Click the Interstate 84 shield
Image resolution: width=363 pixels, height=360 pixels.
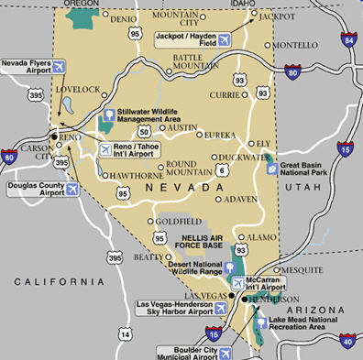[348, 39]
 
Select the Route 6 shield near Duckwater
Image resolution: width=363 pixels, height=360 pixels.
[222, 170]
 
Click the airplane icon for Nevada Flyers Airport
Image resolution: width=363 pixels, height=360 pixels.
[60, 66]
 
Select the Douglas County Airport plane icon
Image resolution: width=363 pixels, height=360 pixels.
[71, 190]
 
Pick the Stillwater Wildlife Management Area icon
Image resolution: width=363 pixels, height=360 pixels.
[109, 115]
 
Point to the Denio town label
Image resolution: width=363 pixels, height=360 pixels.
[123, 18]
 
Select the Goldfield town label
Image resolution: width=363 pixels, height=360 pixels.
[173, 221]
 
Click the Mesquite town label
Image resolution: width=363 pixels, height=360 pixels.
[303, 270]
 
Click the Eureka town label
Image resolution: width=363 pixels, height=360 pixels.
[220, 135]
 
